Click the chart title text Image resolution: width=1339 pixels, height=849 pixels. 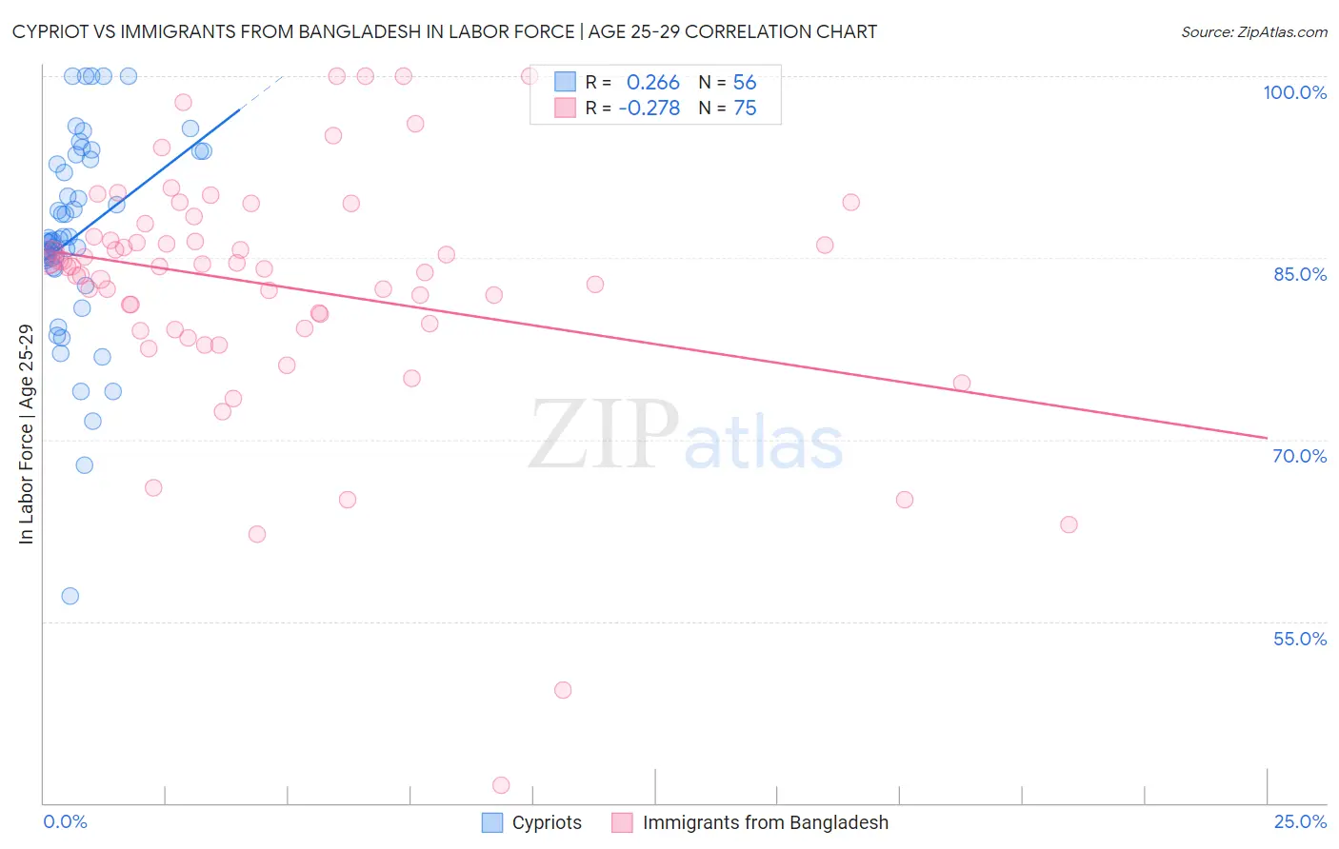(x=444, y=31)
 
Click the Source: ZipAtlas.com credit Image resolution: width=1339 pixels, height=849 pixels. (x=1253, y=31)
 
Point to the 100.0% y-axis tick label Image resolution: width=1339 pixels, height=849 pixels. (x=1294, y=92)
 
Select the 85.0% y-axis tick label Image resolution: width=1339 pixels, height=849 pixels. (x=1299, y=274)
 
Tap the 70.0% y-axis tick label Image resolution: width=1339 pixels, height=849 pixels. (x=1299, y=456)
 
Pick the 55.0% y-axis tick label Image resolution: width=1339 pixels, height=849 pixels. (x=1299, y=639)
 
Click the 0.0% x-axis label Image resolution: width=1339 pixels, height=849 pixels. (x=65, y=821)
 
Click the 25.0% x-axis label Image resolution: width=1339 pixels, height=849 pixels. (x=1300, y=821)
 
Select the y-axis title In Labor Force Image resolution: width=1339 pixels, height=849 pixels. (x=26, y=434)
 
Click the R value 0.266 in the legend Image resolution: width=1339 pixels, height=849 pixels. (x=652, y=83)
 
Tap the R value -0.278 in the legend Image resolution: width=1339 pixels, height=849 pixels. (x=649, y=109)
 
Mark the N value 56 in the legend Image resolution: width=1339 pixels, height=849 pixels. (x=744, y=83)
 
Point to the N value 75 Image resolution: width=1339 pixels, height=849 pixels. (x=744, y=109)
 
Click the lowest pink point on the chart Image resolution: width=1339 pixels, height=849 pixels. (x=501, y=785)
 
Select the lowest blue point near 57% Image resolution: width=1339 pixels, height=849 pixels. (x=70, y=596)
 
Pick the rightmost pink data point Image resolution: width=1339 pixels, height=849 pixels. (x=1069, y=524)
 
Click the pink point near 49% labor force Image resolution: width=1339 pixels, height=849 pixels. (x=563, y=690)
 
